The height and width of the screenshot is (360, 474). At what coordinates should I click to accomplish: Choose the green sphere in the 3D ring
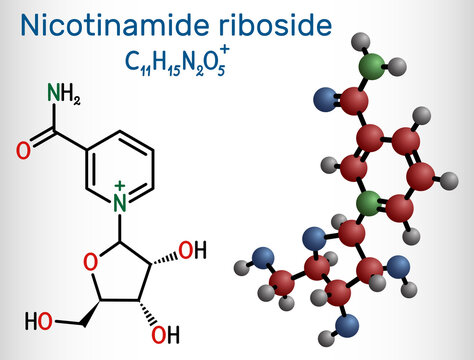[x=367, y=205]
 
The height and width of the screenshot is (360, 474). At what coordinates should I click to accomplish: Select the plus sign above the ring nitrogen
[x=121, y=187]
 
